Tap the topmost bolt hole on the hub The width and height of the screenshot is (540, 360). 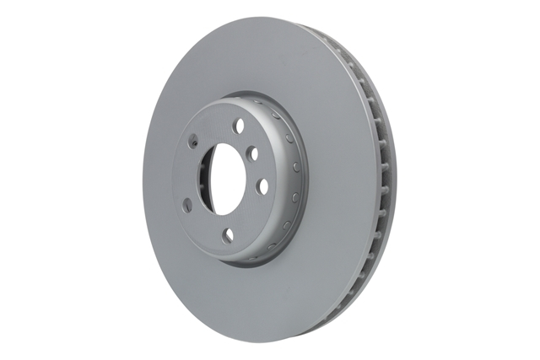click(239, 126)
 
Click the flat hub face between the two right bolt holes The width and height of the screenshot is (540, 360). click(261, 169)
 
